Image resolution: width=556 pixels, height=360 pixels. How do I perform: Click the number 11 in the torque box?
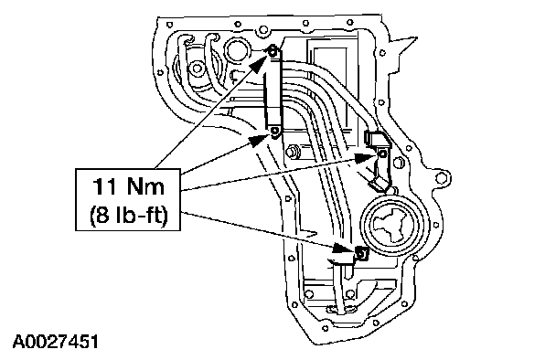(104, 186)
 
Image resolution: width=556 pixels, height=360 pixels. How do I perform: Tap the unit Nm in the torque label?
(145, 186)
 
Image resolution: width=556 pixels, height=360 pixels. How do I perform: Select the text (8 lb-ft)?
(128, 215)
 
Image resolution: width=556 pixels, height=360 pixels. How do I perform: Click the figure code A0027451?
(55, 342)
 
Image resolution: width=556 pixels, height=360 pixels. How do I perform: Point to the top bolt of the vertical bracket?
(273, 53)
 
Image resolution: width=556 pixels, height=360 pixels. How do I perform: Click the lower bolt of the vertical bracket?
(274, 132)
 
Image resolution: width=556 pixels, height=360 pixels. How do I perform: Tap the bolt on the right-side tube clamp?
(382, 154)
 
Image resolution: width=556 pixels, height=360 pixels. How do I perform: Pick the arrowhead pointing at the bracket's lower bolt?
(259, 140)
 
